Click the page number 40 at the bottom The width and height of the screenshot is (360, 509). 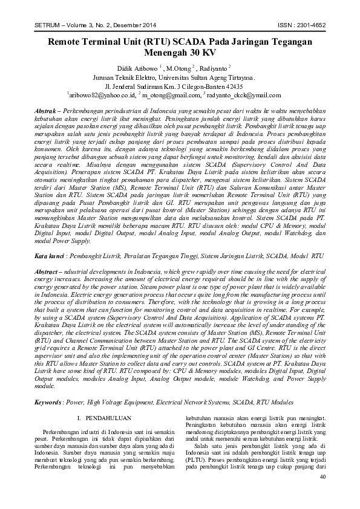pyautogui.click(x=322, y=494)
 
